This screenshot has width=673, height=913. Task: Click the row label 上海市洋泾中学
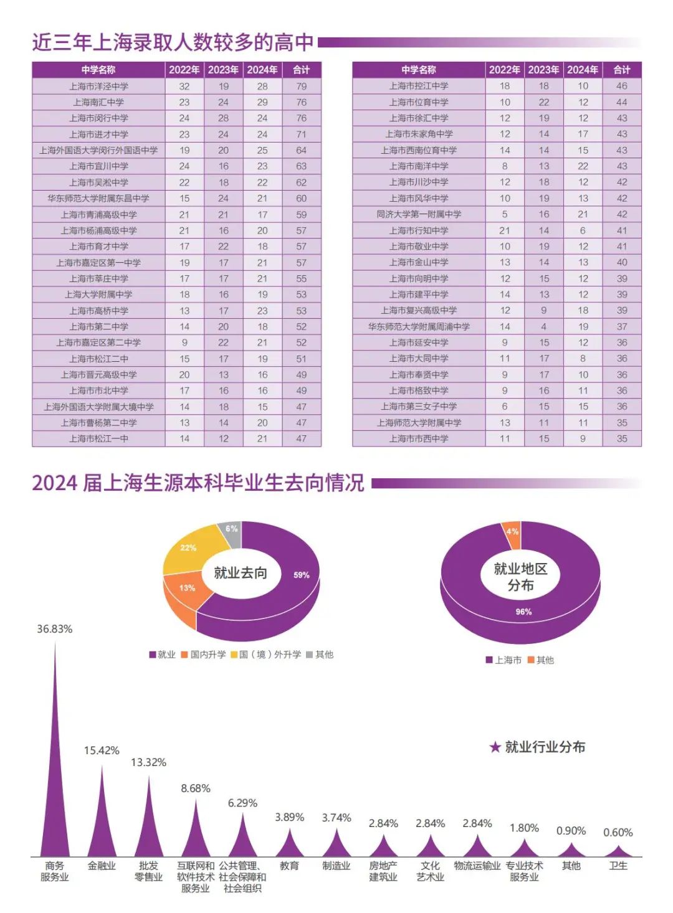point(98,86)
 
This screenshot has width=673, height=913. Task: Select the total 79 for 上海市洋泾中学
point(302,86)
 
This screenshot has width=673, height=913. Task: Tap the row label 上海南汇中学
point(98,102)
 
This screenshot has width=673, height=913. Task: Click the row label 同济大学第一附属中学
point(419,214)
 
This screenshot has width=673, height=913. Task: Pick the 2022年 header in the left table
point(184,70)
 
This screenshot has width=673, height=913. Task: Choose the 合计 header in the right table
point(622,70)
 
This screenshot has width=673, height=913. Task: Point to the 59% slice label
point(302,575)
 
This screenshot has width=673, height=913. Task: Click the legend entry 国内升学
point(203,655)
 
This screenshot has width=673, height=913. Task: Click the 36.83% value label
point(55,629)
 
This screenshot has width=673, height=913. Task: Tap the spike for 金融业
point(102,822)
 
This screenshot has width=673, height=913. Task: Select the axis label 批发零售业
point(148,871)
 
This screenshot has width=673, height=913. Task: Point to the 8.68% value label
point(196,788)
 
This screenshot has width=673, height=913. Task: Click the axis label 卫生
point(618,866)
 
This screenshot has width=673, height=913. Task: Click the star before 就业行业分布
point(495,747)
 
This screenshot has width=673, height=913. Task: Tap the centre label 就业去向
point(241,573)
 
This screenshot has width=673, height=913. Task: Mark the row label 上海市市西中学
point(419,438)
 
